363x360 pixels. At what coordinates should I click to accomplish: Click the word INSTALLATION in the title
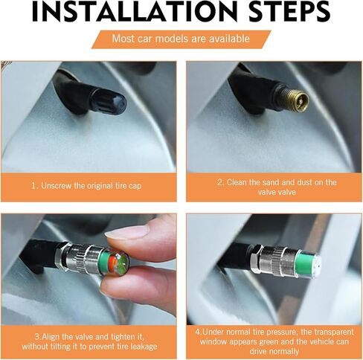pyautogui.click(x=135, y=12)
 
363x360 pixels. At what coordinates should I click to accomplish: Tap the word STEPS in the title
pyautogui.click(x=289, y=12)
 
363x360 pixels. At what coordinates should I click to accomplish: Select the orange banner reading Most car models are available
pyautogui.click(x=181, y=39)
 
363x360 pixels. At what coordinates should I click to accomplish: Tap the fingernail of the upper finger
pyautogui.click(x=127, y=234)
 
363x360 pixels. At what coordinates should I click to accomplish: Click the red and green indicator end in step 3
pyautogui.click(x=118, y=263)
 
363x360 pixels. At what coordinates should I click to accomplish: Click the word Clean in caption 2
pyautogui.click(x=237, y=182)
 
